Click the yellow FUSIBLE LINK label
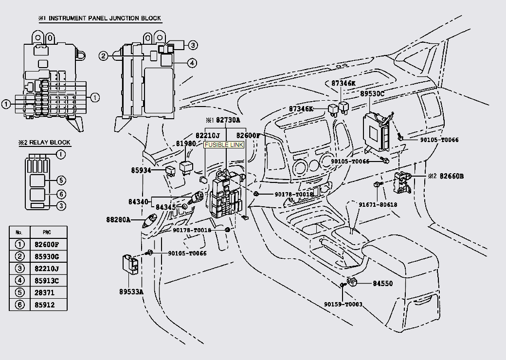[x=223, y=145]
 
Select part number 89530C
[x=372, y=93]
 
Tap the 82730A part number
[x=228, y=120]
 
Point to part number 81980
[x=186, y=144]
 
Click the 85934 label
[x=141, y=171]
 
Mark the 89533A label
[x=131, y=292]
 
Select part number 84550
[x=382, y=284]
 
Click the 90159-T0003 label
[x=343, y=304]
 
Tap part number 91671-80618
[x=378, y=205]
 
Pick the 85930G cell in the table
[x=49, y=256]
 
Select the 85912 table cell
[x=49, y=305]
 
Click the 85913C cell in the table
[x=49, y=281]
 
